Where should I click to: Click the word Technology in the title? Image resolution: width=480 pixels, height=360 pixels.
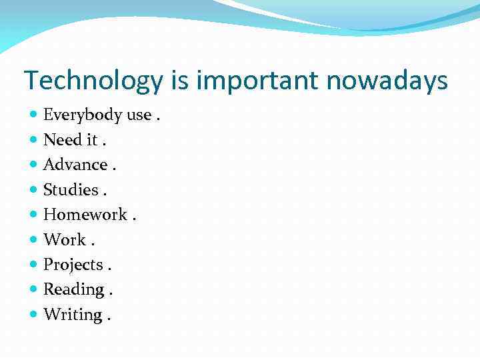[93, 81]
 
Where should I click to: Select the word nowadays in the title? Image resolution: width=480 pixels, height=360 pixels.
[387, 81]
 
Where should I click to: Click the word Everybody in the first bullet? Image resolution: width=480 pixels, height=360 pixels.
[83, 115]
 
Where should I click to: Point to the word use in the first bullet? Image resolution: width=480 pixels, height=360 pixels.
[139, 115]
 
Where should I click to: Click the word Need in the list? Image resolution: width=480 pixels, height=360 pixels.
[62, 140]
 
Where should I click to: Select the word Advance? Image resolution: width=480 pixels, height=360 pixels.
[75, 165]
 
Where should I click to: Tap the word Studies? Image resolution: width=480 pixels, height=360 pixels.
[71, 190]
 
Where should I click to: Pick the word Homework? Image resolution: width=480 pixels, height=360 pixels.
[85, 215]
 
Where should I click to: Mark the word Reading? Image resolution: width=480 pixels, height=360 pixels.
[74, 289]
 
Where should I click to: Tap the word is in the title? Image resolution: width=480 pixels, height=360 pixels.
[179, 81]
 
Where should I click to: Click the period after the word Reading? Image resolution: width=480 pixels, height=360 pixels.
[111, 293]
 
